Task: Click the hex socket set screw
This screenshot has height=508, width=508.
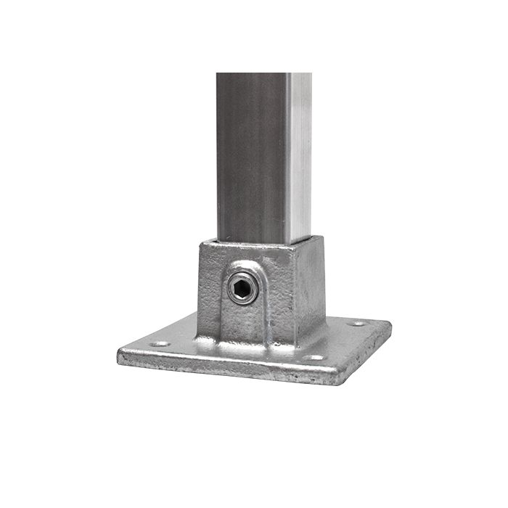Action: tap(242, 289)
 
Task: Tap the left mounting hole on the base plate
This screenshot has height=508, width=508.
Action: tap(159, 344)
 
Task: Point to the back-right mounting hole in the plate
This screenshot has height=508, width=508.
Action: tap(356, 323)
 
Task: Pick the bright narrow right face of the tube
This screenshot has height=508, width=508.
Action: tap(298, 160)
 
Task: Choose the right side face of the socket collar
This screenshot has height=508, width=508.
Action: tap(310, 290)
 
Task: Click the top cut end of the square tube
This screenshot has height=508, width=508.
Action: tap(264, 74)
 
